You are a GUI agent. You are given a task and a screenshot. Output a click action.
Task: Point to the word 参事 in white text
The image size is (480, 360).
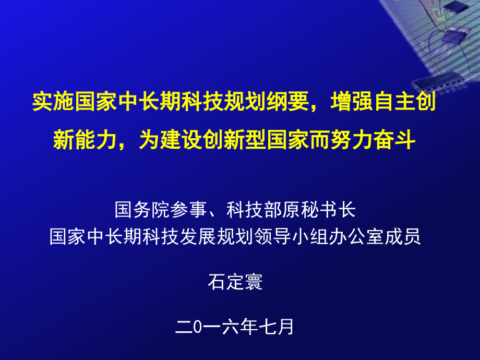click(186, 210)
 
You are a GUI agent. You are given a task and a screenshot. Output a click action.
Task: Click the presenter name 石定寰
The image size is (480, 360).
click(235, 282)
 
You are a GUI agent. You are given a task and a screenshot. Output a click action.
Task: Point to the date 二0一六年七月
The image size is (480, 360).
click(235, 327)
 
